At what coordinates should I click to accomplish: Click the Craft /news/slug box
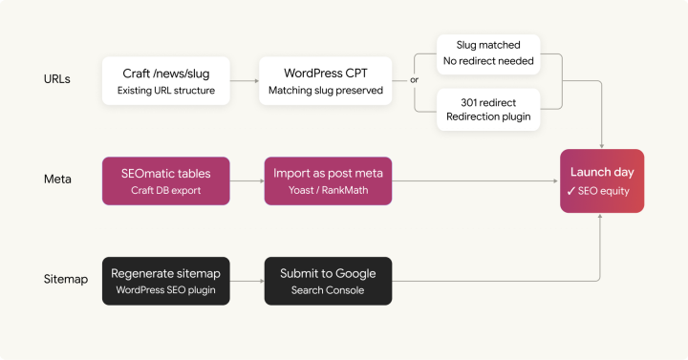tap(166, 81)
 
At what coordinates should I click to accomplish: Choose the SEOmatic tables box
tap(166, 180)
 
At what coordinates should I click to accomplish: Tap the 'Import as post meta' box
tap(328, 180)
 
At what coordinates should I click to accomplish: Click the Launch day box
tap(602, 180)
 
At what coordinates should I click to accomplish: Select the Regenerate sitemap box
tap(166, 280)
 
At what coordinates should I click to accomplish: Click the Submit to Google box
tap(328, 280)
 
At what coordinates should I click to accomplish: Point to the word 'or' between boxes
tap(414, 81)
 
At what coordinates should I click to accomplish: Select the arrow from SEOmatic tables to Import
tap(247, 180)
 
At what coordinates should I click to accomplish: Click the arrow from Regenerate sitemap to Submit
tap(247, 280)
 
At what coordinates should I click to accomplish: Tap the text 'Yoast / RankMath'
tap(328, 190)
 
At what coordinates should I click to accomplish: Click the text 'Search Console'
tap(328, 289)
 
